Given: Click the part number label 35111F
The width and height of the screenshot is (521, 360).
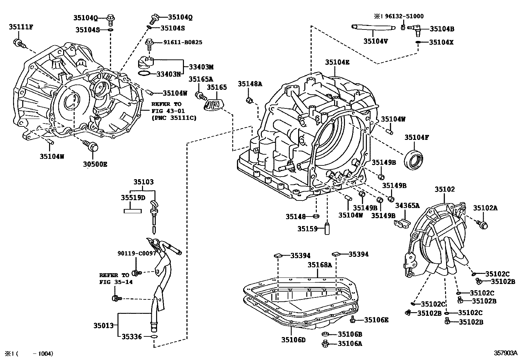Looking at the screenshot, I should pyautogui.click(x=21, y=27).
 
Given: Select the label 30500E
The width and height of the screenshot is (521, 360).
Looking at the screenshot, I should pyautogui.click(x=95, y=164).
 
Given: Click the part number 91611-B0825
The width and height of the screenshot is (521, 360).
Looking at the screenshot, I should pyautogui.click(x=183, y=42).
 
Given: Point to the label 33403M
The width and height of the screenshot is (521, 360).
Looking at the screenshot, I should pyautogui.click(x=201, y=67).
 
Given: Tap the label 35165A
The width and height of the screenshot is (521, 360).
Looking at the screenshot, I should pyautogui.click(x=201, y=79).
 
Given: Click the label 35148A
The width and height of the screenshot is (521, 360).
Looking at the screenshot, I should pyautogui.click(x=250, y=84).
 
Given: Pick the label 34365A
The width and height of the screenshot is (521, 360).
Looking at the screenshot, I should pyautogui.click(x=407, y=205).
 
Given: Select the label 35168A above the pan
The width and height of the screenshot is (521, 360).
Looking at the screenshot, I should pyautogui.click(x=320, y=265).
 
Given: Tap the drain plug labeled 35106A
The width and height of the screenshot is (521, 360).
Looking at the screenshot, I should pyautogui.click(x=325, y=343).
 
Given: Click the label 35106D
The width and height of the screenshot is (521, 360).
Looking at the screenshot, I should pyautogui.click(x=293, y=340).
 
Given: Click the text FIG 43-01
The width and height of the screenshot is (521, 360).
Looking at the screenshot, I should pyautogui.click(x=166, y=111).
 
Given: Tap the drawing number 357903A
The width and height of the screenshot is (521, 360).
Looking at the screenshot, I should pyautogui.click(x=506, y=353).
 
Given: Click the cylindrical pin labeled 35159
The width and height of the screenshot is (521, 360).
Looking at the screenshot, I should pyautogui.click(x=327, y=229).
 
